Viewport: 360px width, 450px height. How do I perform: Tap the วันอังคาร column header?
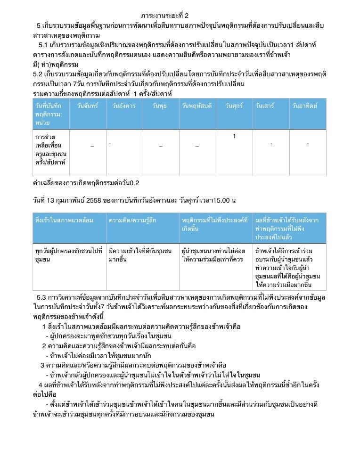pos(124,106)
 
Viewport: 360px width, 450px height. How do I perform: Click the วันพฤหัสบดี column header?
pos(197,106)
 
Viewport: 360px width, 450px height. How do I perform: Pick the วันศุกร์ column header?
pos(234,106)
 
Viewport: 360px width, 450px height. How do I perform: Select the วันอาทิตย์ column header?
pos(304,106)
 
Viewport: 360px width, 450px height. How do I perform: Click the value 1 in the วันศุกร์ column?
pos(234,137)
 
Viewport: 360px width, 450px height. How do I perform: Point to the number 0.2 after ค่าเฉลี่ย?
pos(134,183)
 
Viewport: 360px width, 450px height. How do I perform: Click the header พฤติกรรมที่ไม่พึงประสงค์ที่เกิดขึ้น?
pos(214,224)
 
